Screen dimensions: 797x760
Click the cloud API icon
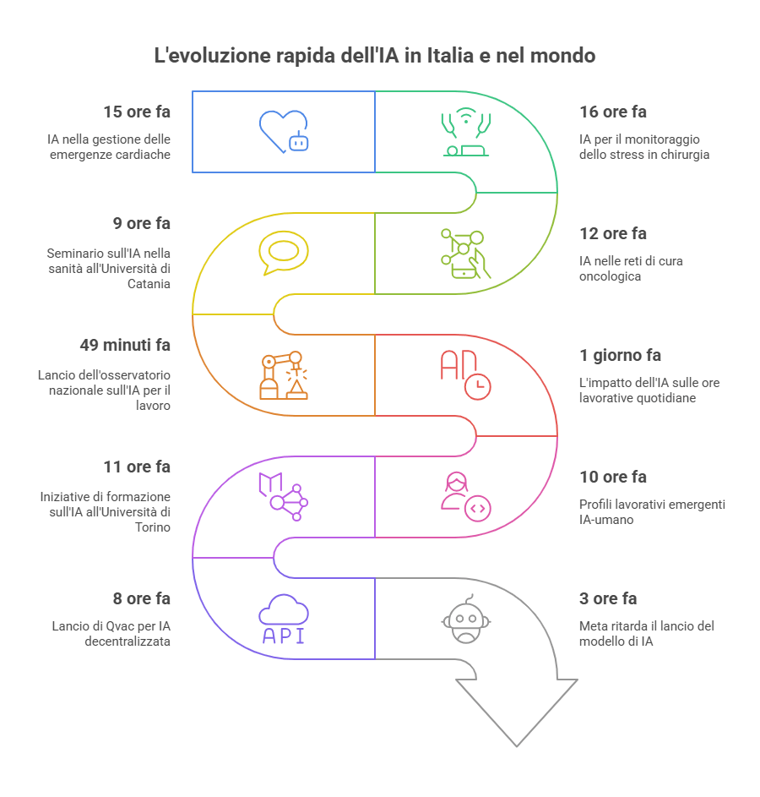(x=283, y=619)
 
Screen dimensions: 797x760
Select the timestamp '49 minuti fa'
(x=124, y=346)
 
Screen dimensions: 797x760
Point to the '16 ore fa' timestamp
(x=613, y=112)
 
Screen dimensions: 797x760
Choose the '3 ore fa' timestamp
(x=608, y=599)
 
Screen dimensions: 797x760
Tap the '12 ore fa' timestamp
(x=613, y=233)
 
